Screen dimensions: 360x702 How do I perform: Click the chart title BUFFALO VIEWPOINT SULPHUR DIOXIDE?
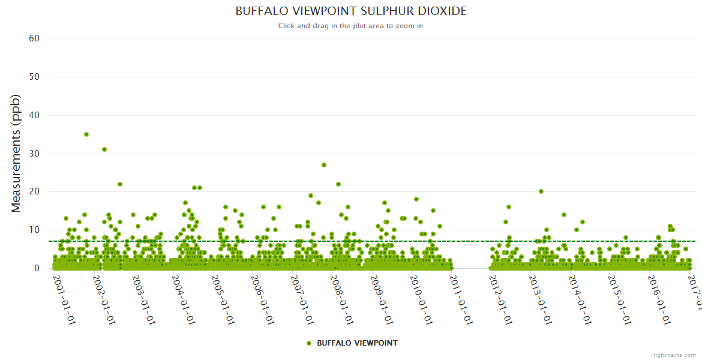click(x=351, y=11)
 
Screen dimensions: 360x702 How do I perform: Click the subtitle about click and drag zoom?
click(x=351, y=26)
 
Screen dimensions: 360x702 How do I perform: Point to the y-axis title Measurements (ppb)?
click(x=16, y=153)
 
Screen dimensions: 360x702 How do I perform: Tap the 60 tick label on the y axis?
click(x=34, y=38)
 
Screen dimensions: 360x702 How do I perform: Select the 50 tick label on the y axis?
click(x=34, y=77)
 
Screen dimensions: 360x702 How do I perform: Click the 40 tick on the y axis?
click(x=34, y=115)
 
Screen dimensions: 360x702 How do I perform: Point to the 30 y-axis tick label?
click(x=34, y=154)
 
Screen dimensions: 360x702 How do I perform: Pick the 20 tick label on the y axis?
click(x=34, y=192)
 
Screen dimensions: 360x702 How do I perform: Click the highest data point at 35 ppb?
click(x=86, y=134)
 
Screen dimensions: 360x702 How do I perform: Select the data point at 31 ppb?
click(x=104, y=149)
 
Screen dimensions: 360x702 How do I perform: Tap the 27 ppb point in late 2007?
click(x=324, y=165)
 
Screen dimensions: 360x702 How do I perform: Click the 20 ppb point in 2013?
click(x=541, y=191)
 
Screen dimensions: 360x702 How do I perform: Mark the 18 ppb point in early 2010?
click(x=416, y=199)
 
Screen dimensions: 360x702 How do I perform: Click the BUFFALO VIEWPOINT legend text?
click(x=357, y=343)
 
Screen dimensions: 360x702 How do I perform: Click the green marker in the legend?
click(x=309, y=343)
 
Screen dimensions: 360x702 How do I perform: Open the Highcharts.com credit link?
click(x=673, y=355)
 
